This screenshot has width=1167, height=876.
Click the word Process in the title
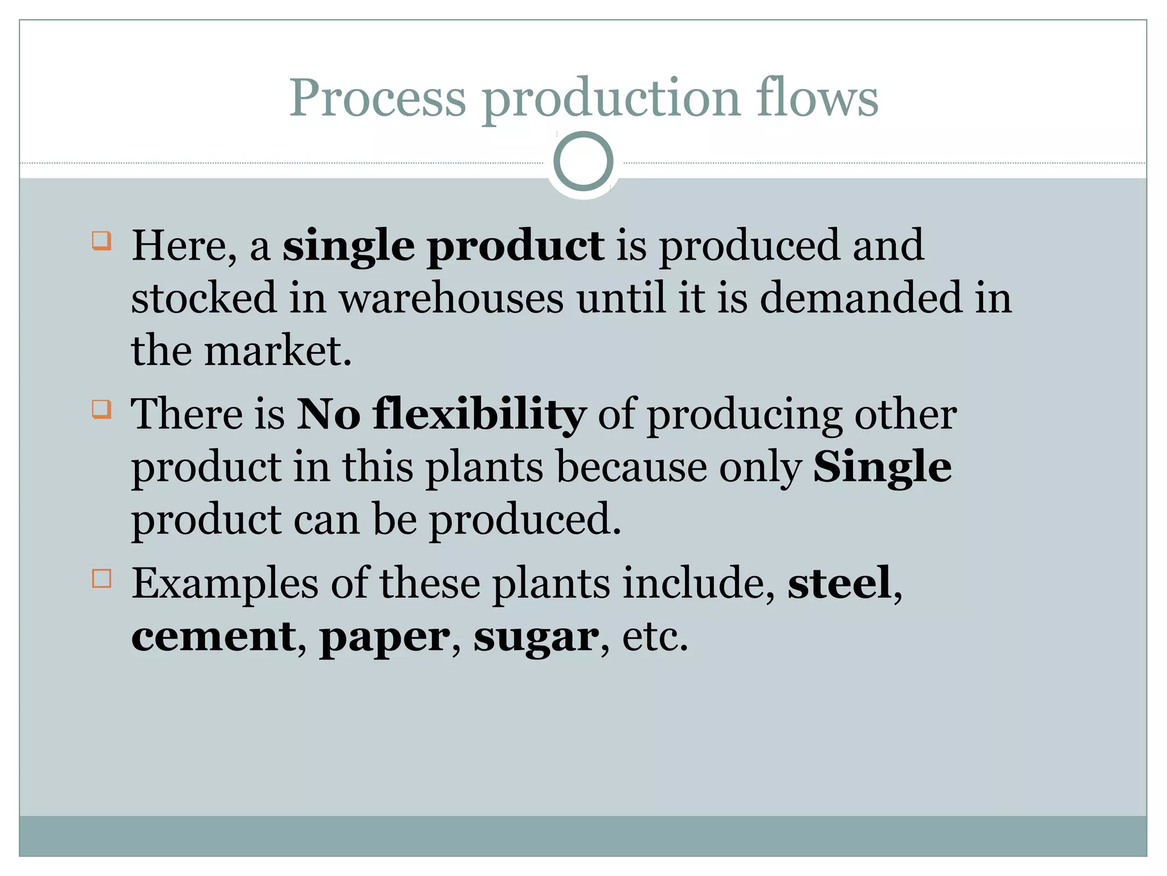(377, 98)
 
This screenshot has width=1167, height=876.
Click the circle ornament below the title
(583, 161)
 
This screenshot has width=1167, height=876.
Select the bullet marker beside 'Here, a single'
(101, 241)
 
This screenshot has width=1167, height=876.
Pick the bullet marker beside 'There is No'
(101, 409)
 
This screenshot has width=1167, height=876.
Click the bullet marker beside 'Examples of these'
(101, 578)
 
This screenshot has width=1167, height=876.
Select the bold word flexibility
(479, 415)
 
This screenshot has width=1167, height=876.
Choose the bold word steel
(839, 583)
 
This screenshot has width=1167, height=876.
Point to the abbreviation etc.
(655, 636)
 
